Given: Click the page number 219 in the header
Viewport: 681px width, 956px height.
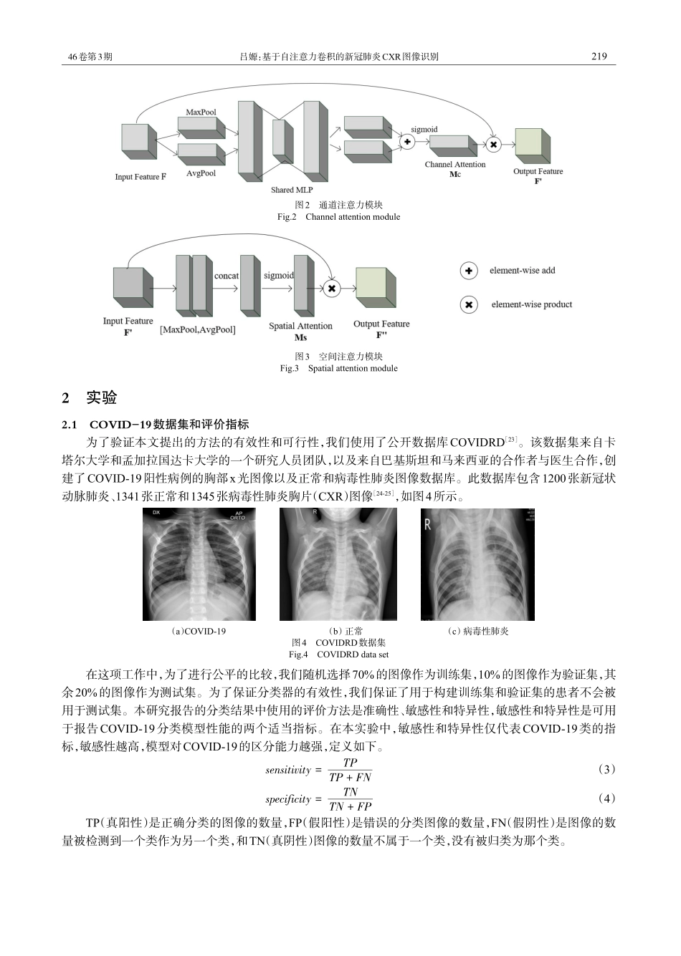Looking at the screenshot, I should tap(599, 57).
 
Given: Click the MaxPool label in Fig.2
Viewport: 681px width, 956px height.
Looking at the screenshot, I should tap(201, 112).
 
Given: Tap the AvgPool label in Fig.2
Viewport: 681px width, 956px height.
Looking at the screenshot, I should tap(201, 173).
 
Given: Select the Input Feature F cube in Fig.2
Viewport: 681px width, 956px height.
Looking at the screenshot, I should tap(138, 141).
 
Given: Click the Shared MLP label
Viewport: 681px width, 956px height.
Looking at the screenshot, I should tap(291, 190).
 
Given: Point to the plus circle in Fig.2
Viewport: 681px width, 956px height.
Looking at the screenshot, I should tap(407, 142).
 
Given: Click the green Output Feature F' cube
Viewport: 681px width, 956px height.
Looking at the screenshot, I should tap(532, 146).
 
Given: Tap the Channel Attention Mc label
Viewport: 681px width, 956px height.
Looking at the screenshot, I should tap(454, 169).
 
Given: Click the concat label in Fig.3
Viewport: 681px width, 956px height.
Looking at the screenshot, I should tap(227, 276).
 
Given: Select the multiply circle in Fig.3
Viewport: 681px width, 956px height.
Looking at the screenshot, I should tap(331, 289).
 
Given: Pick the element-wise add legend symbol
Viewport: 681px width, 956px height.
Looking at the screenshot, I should tap(469, 271).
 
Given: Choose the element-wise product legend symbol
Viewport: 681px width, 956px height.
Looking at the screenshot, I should tap(469, 305).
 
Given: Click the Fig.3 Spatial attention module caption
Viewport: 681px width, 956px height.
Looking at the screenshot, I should tap(338, 368).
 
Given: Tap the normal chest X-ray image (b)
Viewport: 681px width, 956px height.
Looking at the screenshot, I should tap(338, 564).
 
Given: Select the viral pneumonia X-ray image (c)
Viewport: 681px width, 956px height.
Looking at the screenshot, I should tap(477, 564).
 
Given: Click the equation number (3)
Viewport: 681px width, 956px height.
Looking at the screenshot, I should tap(606, 769).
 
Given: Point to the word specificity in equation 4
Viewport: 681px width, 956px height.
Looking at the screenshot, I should tap(288, 799).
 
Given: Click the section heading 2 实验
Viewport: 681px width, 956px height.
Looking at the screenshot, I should tap(90, 398).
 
